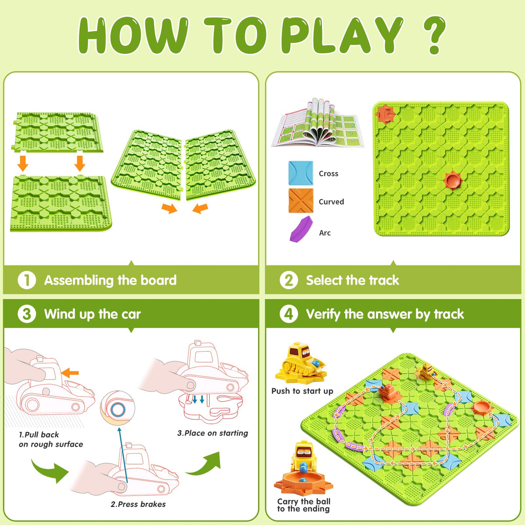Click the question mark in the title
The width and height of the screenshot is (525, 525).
tap(434, 35)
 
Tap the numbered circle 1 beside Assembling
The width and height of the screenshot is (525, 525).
tap(27, 280)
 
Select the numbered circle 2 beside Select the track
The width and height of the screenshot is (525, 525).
tap(288, 280)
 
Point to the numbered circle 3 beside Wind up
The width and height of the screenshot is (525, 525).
tap(27, 314)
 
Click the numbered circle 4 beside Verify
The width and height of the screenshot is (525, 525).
tap(288, 314)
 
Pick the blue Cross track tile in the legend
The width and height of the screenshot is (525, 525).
tap(301, 173)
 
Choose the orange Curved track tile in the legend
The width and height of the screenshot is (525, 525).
tap(301, 201)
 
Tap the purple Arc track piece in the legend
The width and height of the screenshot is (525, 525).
tap(301, 228)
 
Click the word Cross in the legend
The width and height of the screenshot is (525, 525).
tap(329, 174)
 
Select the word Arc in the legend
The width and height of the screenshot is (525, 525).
tap(325, 233)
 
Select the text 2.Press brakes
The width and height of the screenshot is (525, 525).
tap(138, 504)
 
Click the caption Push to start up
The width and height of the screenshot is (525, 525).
tap(302, 391)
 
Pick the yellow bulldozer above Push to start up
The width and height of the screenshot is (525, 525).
tap(301, 363)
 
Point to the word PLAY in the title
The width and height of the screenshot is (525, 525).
tap(342, 35)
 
